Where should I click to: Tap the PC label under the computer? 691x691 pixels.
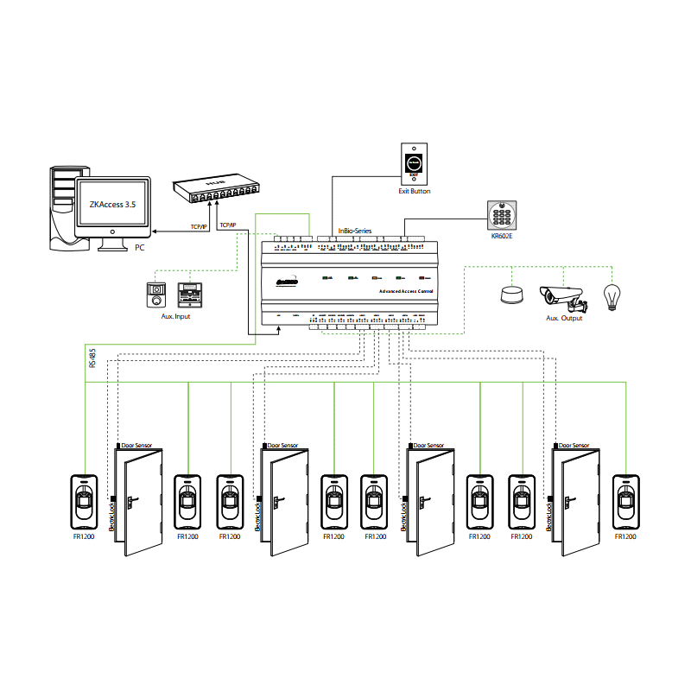click(x=139, y=248)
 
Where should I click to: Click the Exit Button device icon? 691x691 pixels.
click(x=415, y=163)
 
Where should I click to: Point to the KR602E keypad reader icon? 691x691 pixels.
click(x=501, y=213)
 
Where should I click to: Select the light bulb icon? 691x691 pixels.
click(x=612, y=297)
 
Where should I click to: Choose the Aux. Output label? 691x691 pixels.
click(x=563, y=319)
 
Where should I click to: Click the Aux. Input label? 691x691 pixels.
click(x=176, y=317)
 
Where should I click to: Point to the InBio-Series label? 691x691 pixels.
click(x=354, y=230)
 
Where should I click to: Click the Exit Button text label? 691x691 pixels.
click(x=415, y=191)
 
